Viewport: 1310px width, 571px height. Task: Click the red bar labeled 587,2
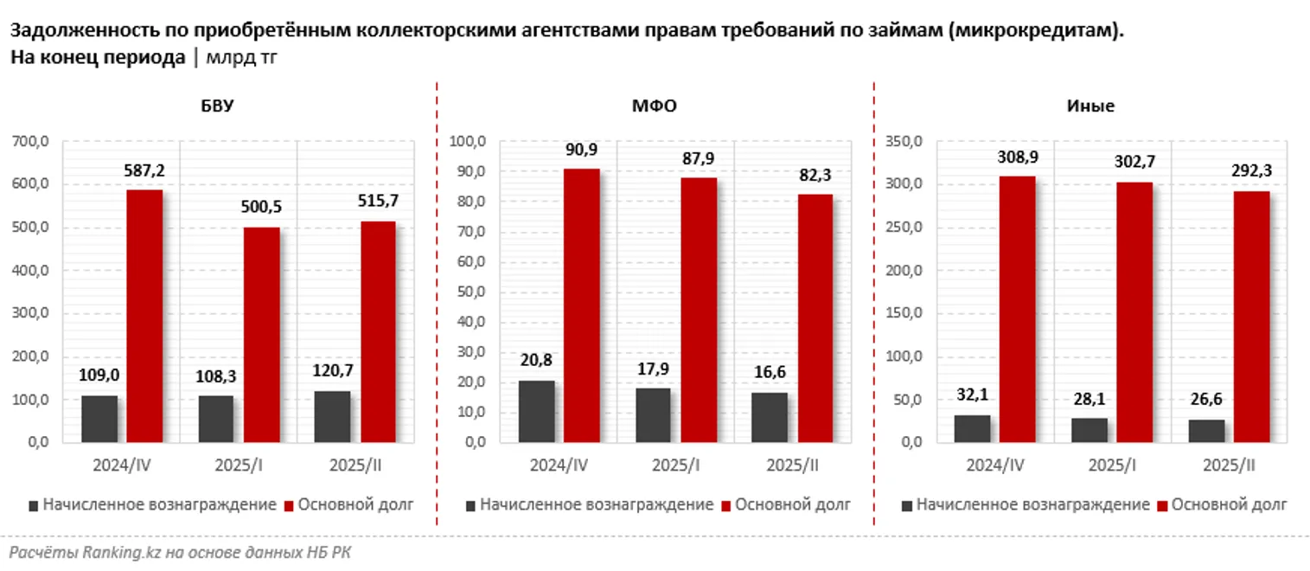[x=144, y=316]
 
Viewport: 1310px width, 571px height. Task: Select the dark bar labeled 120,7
[x=332, y=417]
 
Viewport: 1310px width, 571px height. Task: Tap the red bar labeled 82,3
[x=815, y=318]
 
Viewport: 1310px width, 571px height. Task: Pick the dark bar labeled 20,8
[x=536, y=412]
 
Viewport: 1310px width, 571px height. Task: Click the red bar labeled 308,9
[x=1017, y=310]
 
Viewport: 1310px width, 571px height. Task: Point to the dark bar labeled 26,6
[x=1208, y=431]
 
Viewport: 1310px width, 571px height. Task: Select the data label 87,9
[x=699, y=157]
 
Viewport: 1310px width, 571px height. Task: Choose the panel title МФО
[x=654, y=106]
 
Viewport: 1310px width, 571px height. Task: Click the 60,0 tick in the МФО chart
[x=471, y=262]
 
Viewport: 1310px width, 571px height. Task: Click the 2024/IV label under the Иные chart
[x=996, y=465]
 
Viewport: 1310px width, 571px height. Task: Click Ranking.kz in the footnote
[x=111, y=552]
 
